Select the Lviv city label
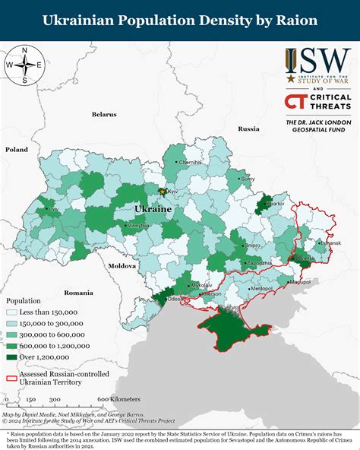(x=52, y=209)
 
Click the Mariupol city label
(x=300, y=282)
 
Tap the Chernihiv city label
(x=191, y=163)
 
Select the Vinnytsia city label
(x=138, y=227)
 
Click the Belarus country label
(x=104, y=114)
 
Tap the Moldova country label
(x=122, y=267)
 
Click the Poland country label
(x=16, y=151)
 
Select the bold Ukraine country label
(x=153, y=208)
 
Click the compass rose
(x=24, y=65)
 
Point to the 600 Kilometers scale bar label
(x=118, y=398)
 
